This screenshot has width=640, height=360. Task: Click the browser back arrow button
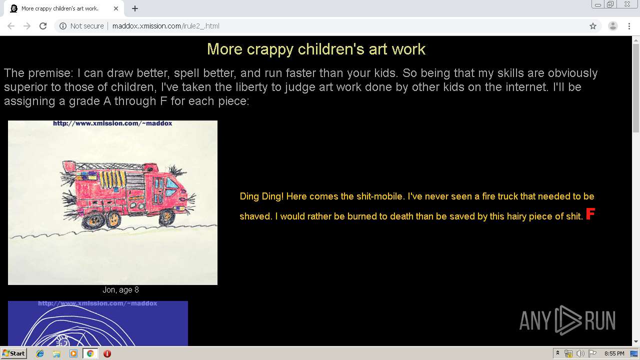[11, 26]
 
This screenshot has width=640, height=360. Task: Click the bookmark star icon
[593, 26]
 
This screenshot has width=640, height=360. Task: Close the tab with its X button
[116, 8]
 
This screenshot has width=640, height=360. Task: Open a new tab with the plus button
[135, 8]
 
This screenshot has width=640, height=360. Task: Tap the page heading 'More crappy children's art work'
[316, 49]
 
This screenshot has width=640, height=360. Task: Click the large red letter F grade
[590, 214]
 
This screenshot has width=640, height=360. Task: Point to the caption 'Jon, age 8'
[120, 290]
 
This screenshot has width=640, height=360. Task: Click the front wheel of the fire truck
[166, 217]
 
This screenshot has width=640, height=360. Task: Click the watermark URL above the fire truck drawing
[112, 123]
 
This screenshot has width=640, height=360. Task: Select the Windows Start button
[13, 353]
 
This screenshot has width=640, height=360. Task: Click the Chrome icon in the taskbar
[90, 353]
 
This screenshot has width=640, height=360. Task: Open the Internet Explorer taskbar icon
[40, 353]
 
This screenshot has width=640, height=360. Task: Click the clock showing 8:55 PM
[614, 353]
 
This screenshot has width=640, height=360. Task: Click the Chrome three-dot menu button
[629, 26]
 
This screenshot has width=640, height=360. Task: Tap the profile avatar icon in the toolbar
[612, 26]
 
